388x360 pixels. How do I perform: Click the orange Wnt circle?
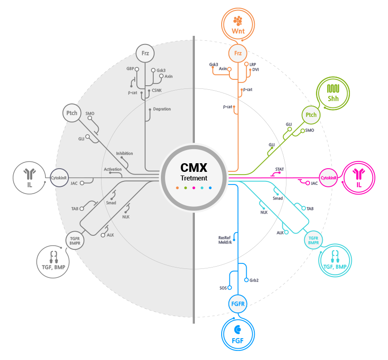238,25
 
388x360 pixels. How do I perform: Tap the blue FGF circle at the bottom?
238,334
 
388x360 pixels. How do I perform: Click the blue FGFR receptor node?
238,304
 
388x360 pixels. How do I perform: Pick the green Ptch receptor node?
311,115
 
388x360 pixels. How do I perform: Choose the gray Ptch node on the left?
72,113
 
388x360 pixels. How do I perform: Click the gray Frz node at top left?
145,54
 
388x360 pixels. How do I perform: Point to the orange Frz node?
238,54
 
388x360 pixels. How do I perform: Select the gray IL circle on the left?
29,177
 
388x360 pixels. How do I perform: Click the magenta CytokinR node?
329,178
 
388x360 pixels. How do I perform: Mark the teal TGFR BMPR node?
313,240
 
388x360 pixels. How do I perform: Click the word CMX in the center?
194,168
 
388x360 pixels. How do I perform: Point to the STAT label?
280,170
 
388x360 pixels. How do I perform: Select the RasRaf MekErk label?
225,240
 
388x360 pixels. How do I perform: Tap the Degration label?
162,109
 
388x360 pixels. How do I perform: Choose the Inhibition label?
125,153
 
